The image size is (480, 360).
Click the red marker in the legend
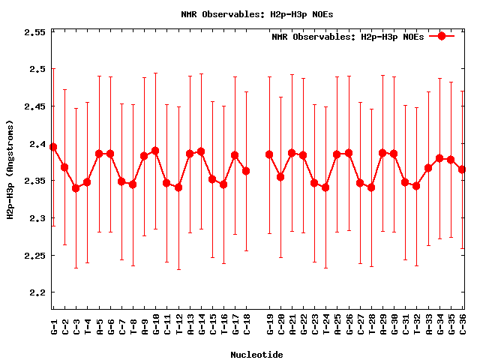click(x=442, y=36)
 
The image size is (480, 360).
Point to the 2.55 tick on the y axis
click(x=34, y=32)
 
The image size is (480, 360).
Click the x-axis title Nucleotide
click(x=256, y=355)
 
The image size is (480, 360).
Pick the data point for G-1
click(x=53, y=147)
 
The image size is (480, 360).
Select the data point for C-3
click(x=76, y=188)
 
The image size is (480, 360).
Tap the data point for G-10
click(x=155, y=151)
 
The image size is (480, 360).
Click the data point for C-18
click(x=246, y=171)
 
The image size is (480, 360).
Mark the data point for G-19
click(x=269, y=154)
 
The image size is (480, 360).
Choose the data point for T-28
click(x=371, y=187)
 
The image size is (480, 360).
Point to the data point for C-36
click(x=462, y=169)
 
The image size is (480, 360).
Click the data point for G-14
click(x=201, y=151)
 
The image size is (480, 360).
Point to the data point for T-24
click(x=325, y=187)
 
